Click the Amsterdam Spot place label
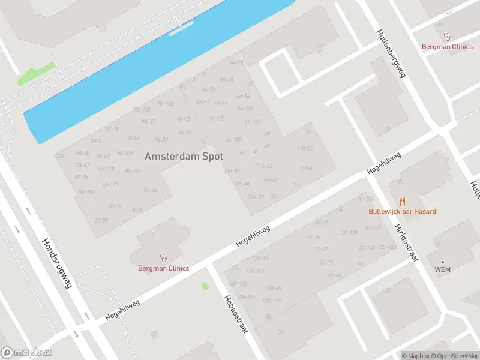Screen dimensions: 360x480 pyautogui.click(x=184, y=156)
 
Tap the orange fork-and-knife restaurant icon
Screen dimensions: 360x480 pyautogui.click(x=402, y=202)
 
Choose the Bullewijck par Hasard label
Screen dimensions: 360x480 pyautogui.click(x=402, y=211)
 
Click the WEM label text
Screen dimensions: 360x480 pyautogui.click(x=442, y=269)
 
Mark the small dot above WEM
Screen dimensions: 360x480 pyautogui.click(x=443, y=262)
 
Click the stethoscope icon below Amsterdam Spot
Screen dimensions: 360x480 pyautogui.click(x=163, y=258)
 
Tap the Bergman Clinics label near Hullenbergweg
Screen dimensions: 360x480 pyautogui.click(x=447, y=46)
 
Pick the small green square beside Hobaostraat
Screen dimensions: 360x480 pyautogui.click(x=205, y=286)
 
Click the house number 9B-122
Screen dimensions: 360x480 pyautogui.click(x=165, y=103)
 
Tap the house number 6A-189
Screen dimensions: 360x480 pyautogui.click(x=233, y=139)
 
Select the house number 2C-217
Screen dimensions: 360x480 pyautogui.click(x=373, y=227)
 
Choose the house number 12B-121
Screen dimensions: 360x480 pyautogui.click(x=256, y=271)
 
